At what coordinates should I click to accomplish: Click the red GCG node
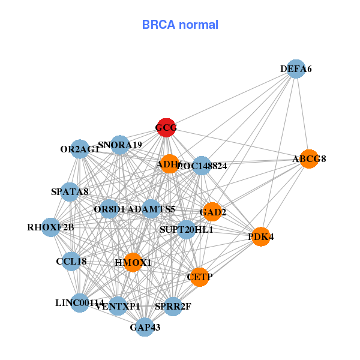166,127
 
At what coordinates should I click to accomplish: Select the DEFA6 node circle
295,69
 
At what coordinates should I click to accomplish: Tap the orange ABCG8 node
309,159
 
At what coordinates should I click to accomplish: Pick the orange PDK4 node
261,237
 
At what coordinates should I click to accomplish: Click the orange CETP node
200,277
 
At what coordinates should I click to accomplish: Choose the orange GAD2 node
212,212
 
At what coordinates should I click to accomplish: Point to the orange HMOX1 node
133,262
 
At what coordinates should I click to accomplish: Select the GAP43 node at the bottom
145,327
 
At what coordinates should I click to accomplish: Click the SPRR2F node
173,306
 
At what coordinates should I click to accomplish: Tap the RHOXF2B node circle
51,227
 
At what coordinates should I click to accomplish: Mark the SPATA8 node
70,192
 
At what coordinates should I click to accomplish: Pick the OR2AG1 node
80,149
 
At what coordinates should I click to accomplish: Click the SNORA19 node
120,145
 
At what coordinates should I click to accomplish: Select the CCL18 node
71,262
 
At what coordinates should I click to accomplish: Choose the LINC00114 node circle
80,303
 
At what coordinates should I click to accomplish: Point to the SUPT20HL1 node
186,230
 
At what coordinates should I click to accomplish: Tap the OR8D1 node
109,209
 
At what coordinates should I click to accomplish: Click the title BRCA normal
180,25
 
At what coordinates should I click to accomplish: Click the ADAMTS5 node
151,209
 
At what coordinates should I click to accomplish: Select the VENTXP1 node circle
118,306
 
